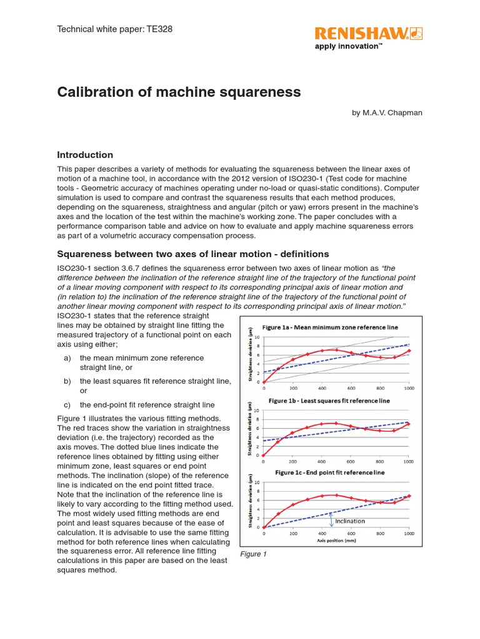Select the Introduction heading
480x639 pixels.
click(x=85, y=155)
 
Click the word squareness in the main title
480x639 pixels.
click(x=258, y=92)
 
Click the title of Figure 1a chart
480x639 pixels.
click(x=329, y=327)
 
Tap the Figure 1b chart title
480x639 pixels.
click(x=329, y=400)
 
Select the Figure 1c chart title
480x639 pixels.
click(x=329, y=472)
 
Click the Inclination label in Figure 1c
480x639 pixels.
click(x=350, y=520)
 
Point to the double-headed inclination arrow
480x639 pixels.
click(x=331, y=520)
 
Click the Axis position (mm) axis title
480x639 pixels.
click(x=335, y=542)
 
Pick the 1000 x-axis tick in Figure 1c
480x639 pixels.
click(x=409, y=534)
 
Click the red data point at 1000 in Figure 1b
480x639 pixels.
click(x=409, y=424)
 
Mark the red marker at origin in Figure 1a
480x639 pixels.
click(x=263, y=383)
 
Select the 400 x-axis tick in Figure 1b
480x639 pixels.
click(x=321, y=462)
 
